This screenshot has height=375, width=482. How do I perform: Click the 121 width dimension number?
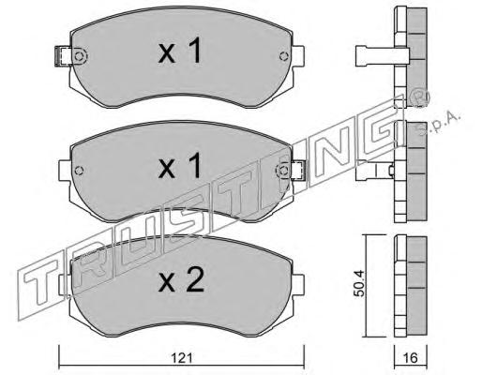(181, 358)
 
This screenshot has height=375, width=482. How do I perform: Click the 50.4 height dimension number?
(359, 284)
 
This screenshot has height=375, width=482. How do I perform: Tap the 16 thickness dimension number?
(411, 358)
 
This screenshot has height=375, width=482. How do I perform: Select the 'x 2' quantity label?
(181, 280)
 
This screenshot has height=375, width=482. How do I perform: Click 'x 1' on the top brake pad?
(180, 52)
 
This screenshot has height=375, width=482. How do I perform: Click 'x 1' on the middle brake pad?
(180, 166)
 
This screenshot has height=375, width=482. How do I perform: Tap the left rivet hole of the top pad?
(79, 56)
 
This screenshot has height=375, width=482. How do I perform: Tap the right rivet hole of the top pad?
(283, 56)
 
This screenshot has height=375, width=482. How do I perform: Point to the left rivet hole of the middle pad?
(79, 171)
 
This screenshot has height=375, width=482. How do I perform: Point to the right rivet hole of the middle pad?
(283, 171)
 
